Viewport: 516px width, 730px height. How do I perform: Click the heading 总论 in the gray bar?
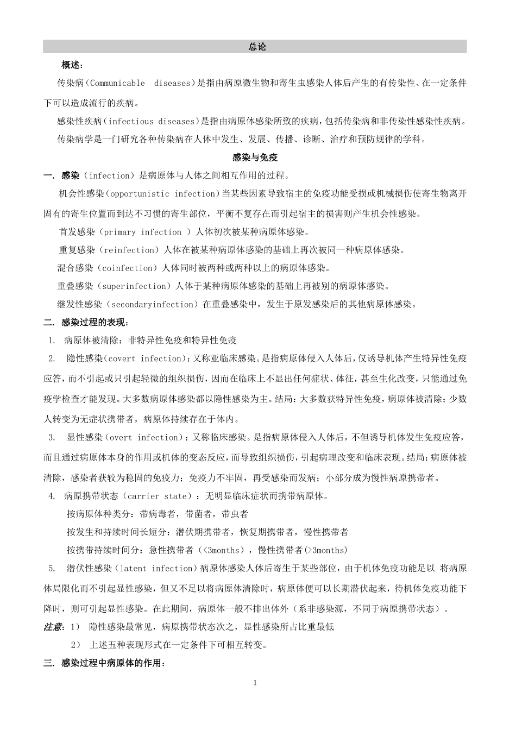(x=257, y=47)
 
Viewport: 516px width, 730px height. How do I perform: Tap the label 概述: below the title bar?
(x=72, y=66)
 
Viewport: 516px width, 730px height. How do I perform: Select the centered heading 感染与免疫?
(x=255, y=158)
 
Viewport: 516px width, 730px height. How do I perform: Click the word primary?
(x=119, y=232)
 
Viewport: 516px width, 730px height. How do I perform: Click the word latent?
(x=131, y=569)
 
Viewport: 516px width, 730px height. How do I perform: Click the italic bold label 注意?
(x=53, y=627)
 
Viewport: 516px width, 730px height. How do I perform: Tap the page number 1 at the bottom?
(x=255, y=683)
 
